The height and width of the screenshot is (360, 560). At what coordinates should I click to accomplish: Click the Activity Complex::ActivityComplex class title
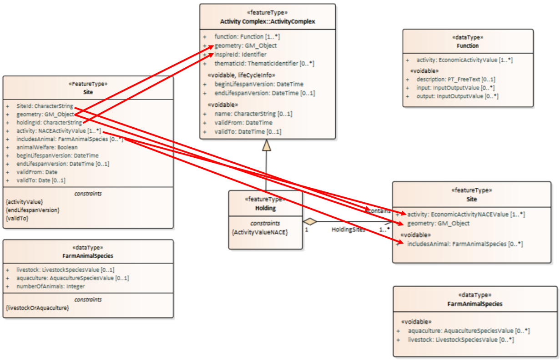tap(267, 22)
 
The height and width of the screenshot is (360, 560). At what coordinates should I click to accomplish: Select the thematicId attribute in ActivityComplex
tap(264, 64)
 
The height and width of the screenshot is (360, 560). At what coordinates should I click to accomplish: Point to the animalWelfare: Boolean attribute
tap(47, 147)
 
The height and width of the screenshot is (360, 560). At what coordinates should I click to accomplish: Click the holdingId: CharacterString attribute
tap(49, 123)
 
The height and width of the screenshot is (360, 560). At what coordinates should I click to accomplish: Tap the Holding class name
tap(265, 209)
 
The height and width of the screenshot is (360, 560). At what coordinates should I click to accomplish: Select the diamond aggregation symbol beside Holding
tap(309, 221)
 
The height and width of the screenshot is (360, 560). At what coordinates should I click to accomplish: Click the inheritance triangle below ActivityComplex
tap(266, 145)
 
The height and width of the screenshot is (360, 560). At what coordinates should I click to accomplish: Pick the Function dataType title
tap(467, 46)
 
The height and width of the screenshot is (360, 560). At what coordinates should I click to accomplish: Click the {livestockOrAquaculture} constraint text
tap(37, 308)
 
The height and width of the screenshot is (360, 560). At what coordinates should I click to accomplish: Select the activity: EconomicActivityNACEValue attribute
tap(466, 215)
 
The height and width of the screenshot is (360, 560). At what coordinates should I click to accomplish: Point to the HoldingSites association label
tap(348, 230)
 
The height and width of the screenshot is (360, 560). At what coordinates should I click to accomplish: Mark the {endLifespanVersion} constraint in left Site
tap(33, 210)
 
